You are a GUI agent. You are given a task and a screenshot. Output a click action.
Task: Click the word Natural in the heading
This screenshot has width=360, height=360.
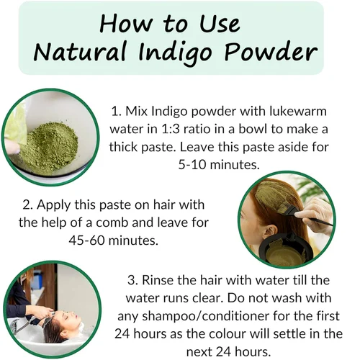point(80,52)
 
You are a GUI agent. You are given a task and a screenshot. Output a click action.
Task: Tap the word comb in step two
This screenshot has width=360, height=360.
point(112,222)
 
